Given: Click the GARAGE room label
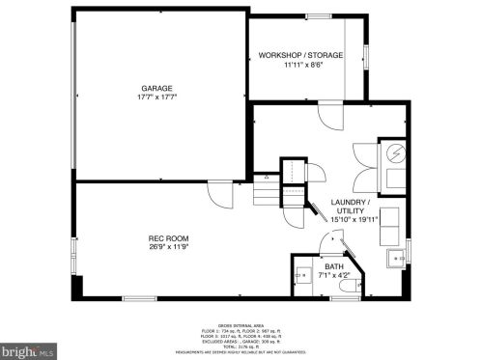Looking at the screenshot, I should (x=158, y=88).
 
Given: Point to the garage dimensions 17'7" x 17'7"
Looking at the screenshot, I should (x=158, y=97).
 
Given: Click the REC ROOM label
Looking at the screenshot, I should (x=168, y=237).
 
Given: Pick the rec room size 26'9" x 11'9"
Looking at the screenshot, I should (x=168, y=246).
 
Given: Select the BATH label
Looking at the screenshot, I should (x=333, y=265).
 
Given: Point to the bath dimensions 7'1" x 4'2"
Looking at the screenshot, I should (x=333, y=275).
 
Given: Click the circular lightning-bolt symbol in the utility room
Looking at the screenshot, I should (x=396, y=153).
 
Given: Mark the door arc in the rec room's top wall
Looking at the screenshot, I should (x=220, y=192).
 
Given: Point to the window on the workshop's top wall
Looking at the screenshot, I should (x=318, y=16).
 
